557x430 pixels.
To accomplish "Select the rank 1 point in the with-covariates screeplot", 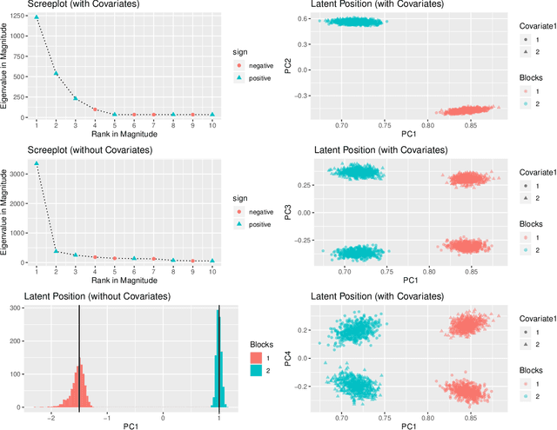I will [37, 17].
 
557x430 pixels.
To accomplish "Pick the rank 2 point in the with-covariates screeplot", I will [56, 73].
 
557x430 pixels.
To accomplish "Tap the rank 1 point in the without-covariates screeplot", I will [37, 162].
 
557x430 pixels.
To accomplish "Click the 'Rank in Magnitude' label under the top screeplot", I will [124, 133].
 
